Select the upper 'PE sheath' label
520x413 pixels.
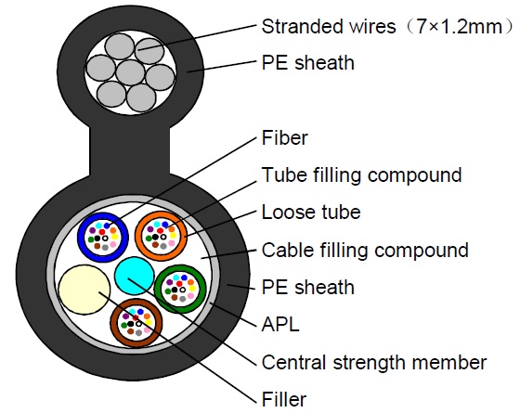click(307, 63)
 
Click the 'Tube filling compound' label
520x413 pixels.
click(361, 174)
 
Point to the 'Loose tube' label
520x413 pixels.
click(311, 213)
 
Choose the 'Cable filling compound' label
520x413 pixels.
click(365, 250)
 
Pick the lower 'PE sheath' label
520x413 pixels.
click(307, 287)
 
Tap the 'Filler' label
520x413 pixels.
click(284, 399)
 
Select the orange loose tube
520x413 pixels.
click(161, 236)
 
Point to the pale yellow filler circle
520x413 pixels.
click(84, 291)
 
